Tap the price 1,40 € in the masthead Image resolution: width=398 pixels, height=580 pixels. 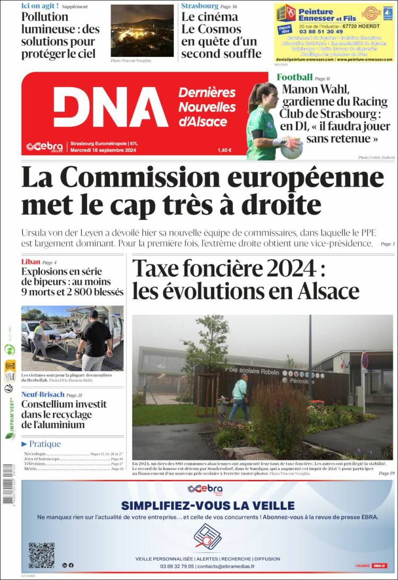pyautogui.click(x=224, y=150)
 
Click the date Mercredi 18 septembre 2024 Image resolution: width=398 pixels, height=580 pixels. pyautogui.click(x=103, y=150)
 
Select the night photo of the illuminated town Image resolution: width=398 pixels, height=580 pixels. pyautogui.click(x=142, y=30)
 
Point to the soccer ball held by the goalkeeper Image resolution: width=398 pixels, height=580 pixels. pyautogui.click(x=291, y=149)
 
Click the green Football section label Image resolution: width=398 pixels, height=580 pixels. pyautogui.click(x=295, y=78)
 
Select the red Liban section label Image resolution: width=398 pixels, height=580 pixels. pyautogui.click(x=31, y=262)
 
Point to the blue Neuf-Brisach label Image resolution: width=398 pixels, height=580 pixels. pyautogui.click(x=42, y=395)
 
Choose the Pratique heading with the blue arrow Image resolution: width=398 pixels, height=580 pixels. pyautogui.click(x=41, y=444)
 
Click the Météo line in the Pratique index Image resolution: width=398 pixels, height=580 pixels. pyautogui.click(x=31, y=469)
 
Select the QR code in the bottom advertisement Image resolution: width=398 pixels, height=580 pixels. pyautogui.click(x=41, y=555)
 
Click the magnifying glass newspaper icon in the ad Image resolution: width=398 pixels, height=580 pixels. pyautogui.click(x=207, y=536)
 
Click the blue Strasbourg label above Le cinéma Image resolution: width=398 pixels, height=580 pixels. pyautogui.click(x=200, y=6)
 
